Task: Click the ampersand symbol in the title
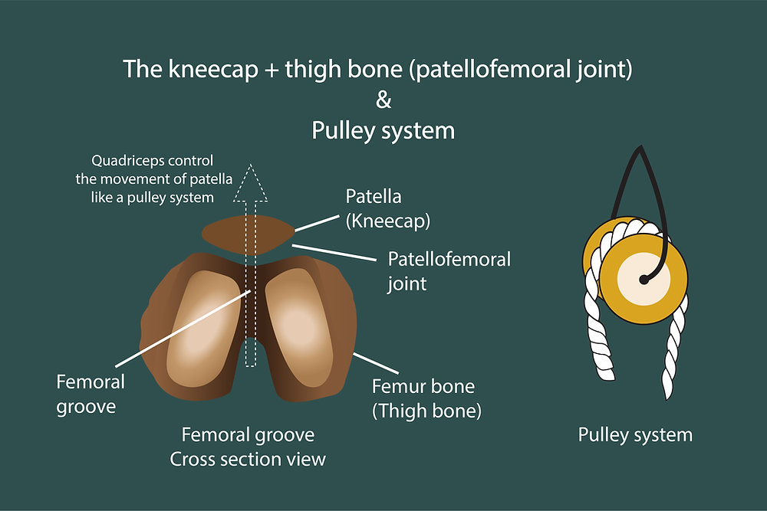point(383,100)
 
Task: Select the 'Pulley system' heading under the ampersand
point(383,130)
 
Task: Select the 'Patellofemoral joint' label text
point(449,270)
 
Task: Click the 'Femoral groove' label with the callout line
point(91,393)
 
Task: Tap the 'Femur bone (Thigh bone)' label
point(426,398)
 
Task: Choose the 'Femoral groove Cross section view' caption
point(248,447)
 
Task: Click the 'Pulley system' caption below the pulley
point(634,435)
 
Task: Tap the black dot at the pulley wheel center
point(643,281)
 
